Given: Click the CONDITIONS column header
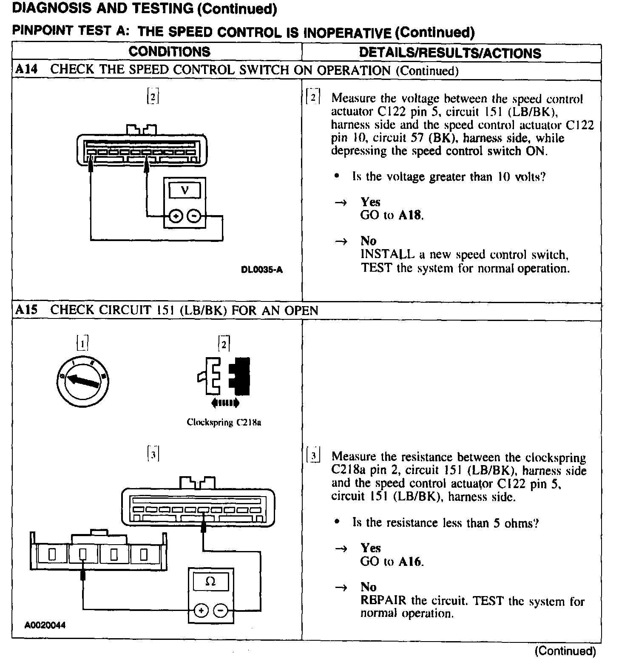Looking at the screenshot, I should tap(169, 52).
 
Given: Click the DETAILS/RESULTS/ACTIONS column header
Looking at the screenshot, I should tap(450, 53).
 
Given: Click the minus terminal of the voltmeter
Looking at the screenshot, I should tap(194, 217).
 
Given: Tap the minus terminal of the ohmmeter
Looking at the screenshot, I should tap(221, 611).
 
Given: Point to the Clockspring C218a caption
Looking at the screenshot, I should tap(224, 423).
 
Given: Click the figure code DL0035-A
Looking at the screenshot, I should tap(261, 270).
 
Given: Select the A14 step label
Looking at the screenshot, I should tap(26, 70).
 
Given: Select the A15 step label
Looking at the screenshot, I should tap(26, 310).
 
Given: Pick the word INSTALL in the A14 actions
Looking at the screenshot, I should tap(387, 255).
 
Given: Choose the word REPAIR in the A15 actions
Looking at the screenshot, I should tap(383, 601).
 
